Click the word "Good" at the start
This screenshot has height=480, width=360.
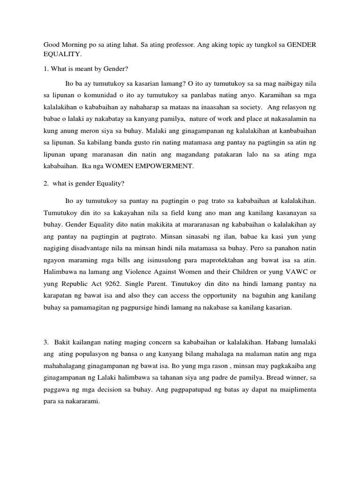pyautogui.click(x=52, y=45)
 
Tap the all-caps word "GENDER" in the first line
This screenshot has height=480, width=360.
pyautogui.click(x=301, y=45)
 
